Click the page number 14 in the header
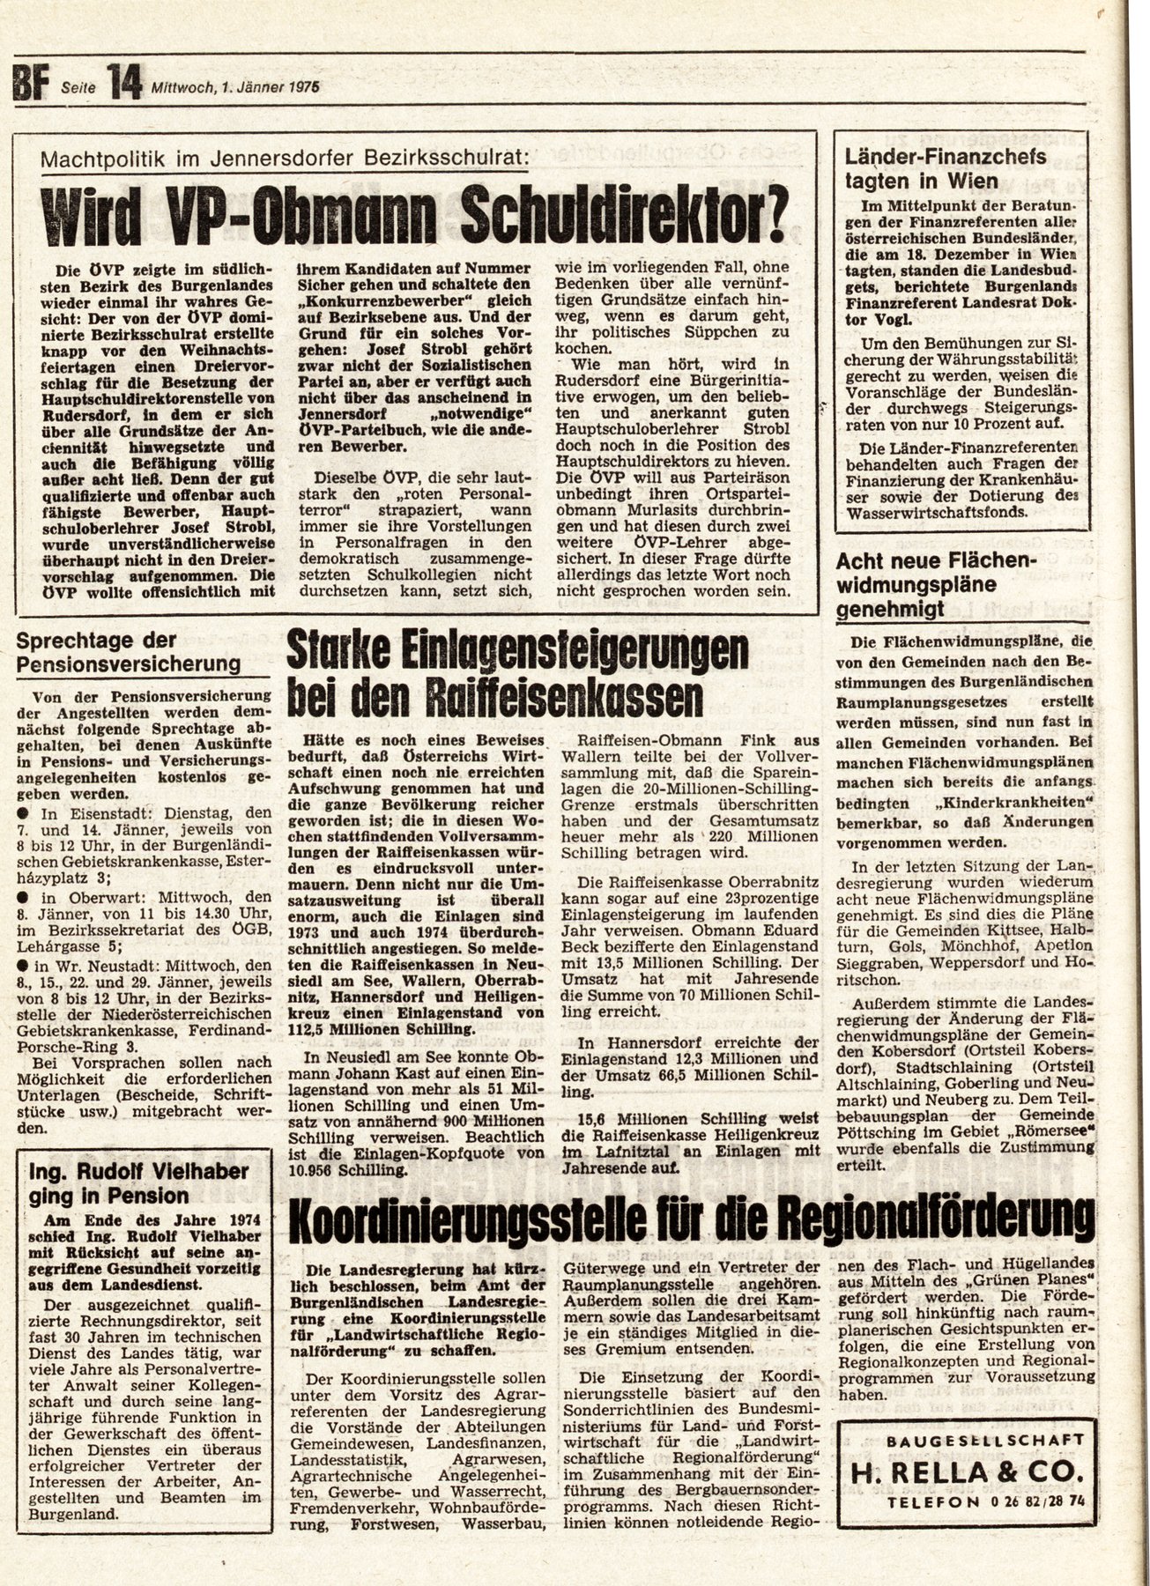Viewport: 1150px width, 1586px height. coord(124,85)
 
